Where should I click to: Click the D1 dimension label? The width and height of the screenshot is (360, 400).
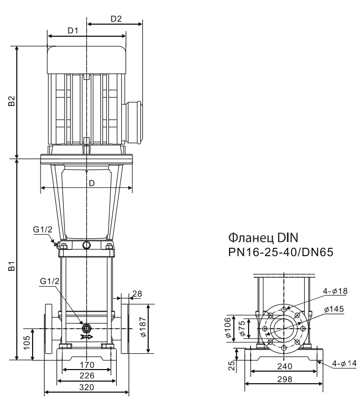[x=73, y=30]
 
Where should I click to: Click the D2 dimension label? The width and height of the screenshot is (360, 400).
[x=116, y=18]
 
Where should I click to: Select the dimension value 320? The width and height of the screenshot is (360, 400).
[x=87, y=387]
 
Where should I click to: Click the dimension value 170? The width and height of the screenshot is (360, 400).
[x=87, y=364]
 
